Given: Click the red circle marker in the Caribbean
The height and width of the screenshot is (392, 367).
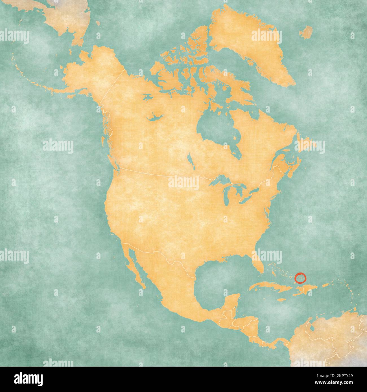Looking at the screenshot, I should [x=300, y=279].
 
